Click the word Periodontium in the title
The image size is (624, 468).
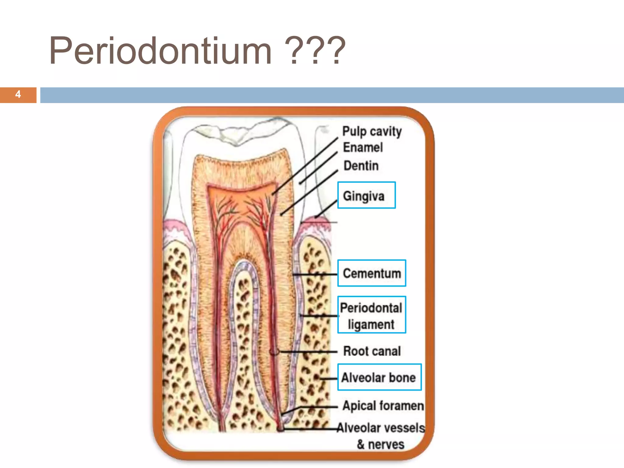coord(160,51)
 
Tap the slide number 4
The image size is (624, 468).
coord(18,94)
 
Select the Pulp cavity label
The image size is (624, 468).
coord(372,131)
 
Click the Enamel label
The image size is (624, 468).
coord(363,147)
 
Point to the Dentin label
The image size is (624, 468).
coord(361,166)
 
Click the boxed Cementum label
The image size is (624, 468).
coord(372,273)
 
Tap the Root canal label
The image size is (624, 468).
coord(372,351)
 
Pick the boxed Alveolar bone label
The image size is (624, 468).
coord(379,377)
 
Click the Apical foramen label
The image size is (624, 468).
coord(383,406)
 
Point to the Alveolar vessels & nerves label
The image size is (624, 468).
coord(381,436)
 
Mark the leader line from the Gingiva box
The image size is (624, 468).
coord(326,209)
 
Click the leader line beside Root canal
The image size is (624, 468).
coord(308,352)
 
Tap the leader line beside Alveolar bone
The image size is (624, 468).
coord(328,378)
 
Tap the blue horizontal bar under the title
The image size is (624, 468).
coord(332,95)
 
